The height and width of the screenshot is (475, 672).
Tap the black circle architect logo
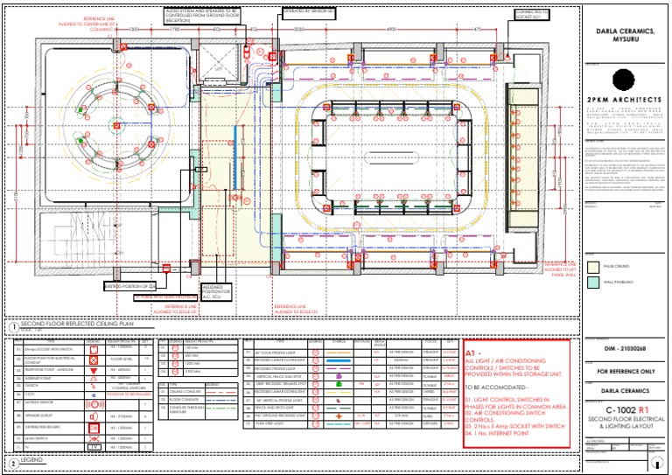(x=623, y=79)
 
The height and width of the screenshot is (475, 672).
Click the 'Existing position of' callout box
(x=129, y=286)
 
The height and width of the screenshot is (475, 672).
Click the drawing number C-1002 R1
(x=623, y=409)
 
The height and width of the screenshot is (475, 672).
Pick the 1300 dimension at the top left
(x=133, y=30)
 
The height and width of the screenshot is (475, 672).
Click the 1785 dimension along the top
(x=177, y=30)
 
